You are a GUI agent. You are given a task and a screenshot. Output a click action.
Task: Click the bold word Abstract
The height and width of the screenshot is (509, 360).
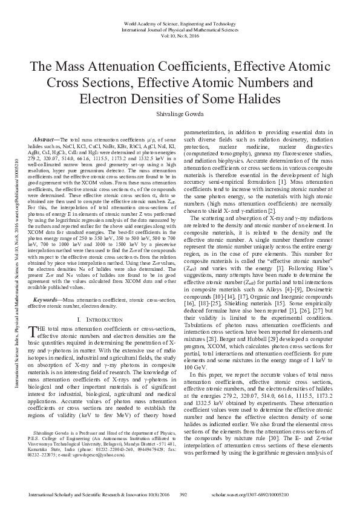(x=47, y=139)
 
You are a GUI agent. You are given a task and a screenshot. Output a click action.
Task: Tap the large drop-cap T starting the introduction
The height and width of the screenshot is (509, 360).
(x=33, y=329)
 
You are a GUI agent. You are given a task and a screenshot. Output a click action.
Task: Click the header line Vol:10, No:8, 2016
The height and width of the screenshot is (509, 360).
(x=180, y=35)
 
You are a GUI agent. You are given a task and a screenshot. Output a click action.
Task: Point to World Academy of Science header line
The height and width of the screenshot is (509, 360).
(x=180, y=22)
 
